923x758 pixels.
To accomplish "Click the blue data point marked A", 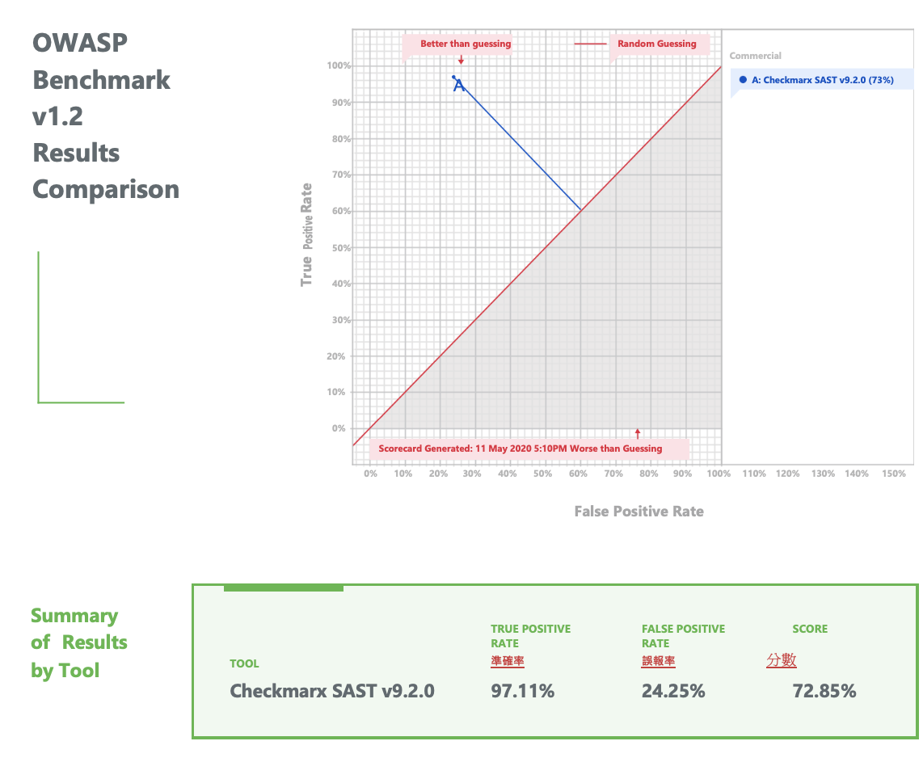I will (x=454, y=78).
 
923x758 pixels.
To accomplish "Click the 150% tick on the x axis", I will (x=894, y=474).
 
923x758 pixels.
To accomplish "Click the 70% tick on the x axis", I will (x=613, y=474).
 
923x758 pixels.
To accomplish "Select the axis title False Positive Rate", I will (x=639, y=511).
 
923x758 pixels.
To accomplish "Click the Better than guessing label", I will (x=466, y=44).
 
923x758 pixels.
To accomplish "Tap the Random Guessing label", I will (x=656, y=44).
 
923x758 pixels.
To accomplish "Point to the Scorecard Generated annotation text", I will (x=520, y=448).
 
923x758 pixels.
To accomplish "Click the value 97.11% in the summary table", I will (x=523, y=691).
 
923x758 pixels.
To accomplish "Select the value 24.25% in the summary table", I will (x=673, y=691).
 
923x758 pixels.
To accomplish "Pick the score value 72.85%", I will (x=824, y=691).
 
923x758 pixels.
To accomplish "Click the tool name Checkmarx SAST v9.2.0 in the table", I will (x=332, y=691).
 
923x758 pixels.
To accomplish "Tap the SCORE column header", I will (x=810, y=629).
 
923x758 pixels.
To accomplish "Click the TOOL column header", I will (x=244, y=663).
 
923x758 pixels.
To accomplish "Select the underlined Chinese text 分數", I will (x=782, y=660).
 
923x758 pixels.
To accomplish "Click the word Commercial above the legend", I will (x=755, y=56).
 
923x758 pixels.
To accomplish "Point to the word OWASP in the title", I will (x=80, y=43).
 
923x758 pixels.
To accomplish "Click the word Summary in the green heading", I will (x=74, y=616).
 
